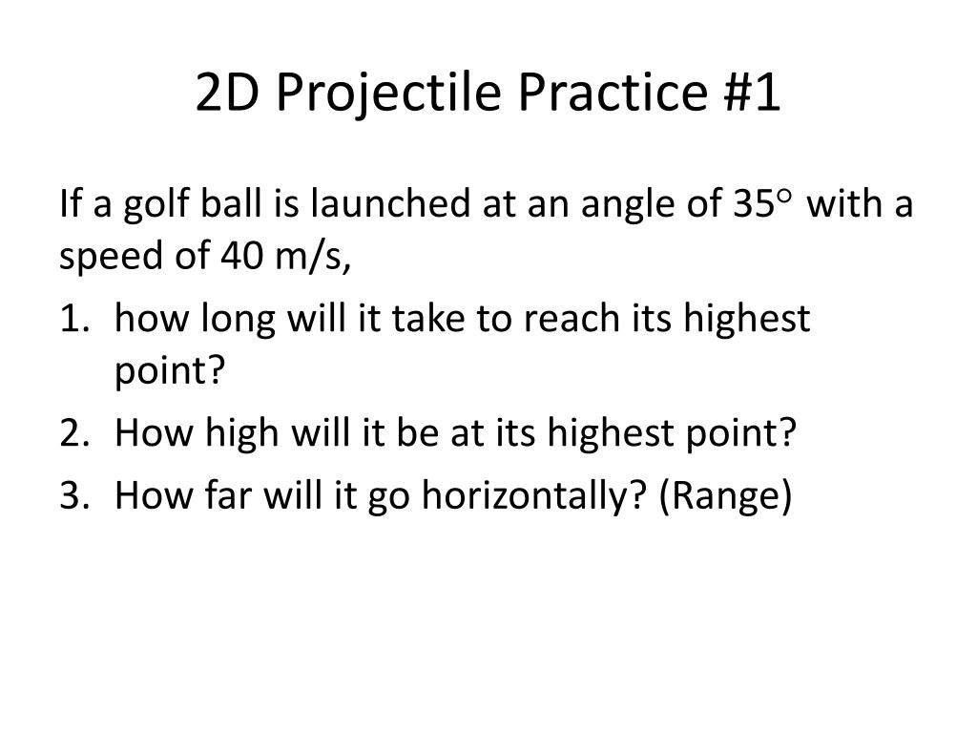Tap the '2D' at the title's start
[226, 94]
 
